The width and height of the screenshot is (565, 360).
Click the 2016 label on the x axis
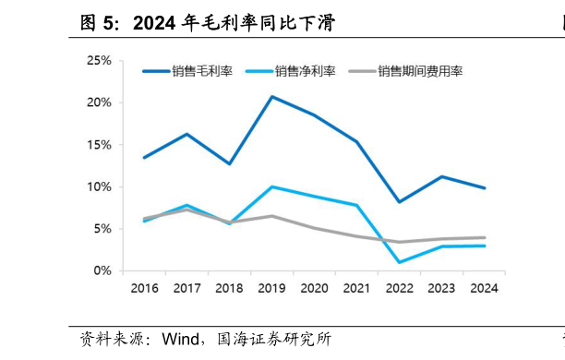pyautogui.click(x=144, y=288)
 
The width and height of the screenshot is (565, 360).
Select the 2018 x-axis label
pyautogui.click(x=229, y=288)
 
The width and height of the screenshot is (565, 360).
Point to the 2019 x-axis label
pyautogui.click(x=271, y=288)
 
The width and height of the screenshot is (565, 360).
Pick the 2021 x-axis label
pyautogui.click(x=356, y=288)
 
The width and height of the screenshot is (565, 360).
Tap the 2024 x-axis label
pyautogui.click(x=484, y=288)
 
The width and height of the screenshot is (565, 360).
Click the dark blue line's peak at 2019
pyautogui.click(x=271, y=96)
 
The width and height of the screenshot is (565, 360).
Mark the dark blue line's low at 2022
pyautogui.click(x=399, y=201)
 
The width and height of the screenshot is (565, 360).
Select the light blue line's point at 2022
pyautogui.click(x=399, y=262)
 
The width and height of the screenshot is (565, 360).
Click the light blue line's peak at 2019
pyautogui.click(x=271, y=186)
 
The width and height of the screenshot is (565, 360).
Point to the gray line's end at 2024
pyautogui.click(x=484, y=237)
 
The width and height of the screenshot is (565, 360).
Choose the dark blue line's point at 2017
pyautogui.click(x=186, y=134)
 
